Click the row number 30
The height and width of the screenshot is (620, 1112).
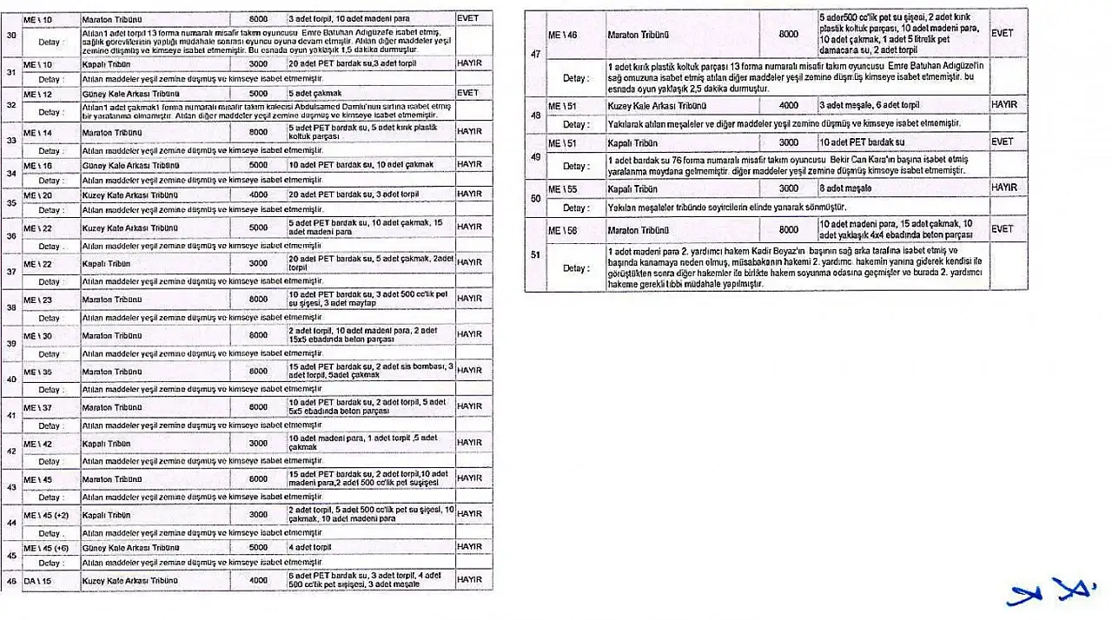10,35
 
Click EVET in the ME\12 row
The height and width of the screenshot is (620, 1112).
467,93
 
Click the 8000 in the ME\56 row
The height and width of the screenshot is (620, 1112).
788,230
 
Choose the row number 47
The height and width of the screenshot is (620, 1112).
534,53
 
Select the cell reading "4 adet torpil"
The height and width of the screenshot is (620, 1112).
312,548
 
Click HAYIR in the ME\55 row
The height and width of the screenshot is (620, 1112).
1004,188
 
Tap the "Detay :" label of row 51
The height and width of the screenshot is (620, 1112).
576,267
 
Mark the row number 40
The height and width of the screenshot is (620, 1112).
11,379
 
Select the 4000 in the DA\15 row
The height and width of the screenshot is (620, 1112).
258,579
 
